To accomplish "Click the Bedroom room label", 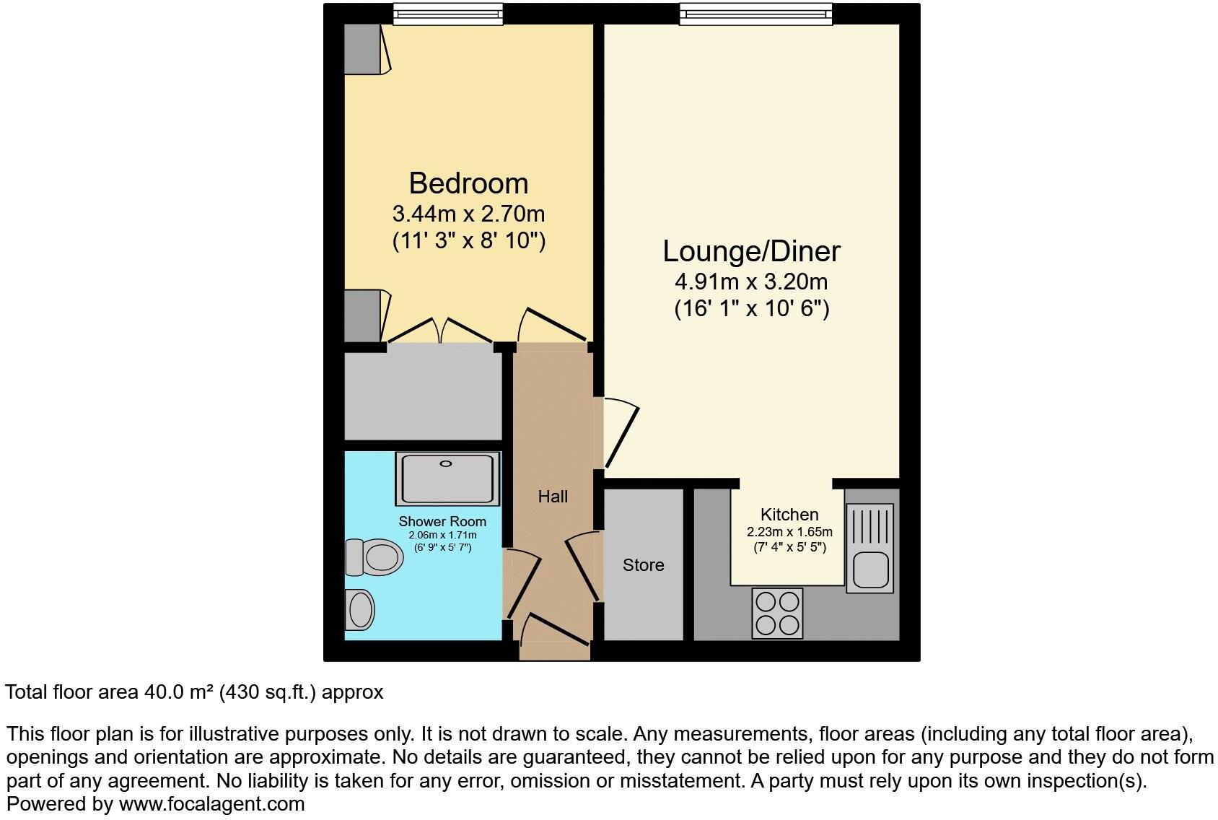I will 468,183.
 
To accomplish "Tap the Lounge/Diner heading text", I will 751,251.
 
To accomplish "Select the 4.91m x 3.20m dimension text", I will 751,282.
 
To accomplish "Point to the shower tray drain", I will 446,464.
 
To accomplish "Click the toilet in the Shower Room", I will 375,557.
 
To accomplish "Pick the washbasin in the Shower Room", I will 360,609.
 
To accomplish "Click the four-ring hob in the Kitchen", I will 777,613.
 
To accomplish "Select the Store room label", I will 643,565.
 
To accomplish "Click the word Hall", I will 553,497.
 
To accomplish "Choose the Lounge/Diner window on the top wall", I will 755,14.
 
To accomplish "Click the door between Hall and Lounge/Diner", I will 621,433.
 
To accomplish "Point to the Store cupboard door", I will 583,567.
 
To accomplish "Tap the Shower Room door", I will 525,585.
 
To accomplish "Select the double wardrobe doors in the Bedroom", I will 439,330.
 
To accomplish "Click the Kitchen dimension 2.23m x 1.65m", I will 789,532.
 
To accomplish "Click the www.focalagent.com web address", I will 211,803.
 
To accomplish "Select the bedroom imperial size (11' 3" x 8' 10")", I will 468,240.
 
